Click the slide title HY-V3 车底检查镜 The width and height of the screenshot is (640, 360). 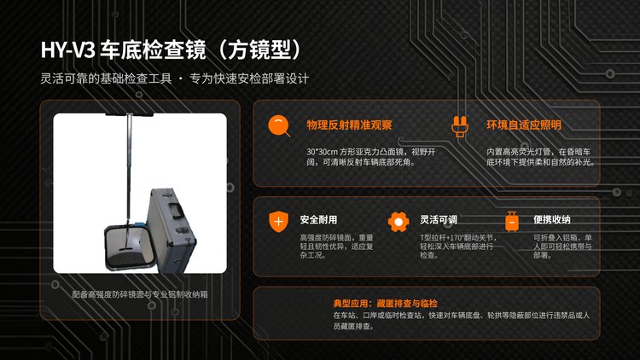123,50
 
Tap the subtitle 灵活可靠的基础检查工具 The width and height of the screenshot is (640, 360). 106,78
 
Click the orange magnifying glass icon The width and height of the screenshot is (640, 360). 279,125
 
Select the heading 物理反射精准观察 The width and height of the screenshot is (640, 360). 349,125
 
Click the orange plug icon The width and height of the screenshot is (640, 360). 460,126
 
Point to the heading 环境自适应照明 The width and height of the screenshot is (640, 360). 524,125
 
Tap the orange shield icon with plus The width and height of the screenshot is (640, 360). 278,222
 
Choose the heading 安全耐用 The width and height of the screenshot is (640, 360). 318,219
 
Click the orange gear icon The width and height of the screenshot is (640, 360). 399,222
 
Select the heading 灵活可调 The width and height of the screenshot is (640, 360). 439,219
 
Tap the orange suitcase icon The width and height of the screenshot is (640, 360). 512,222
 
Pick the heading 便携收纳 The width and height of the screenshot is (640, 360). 551,219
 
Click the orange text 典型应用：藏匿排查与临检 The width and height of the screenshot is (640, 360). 386,303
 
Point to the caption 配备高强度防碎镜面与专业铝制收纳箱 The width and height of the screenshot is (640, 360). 140,294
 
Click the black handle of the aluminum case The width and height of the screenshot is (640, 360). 176,209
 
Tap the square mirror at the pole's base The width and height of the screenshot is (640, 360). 130,247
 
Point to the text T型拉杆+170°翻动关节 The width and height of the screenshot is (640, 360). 457,237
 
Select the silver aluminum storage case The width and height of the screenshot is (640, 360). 172,230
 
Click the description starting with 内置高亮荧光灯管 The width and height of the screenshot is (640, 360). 540,157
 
